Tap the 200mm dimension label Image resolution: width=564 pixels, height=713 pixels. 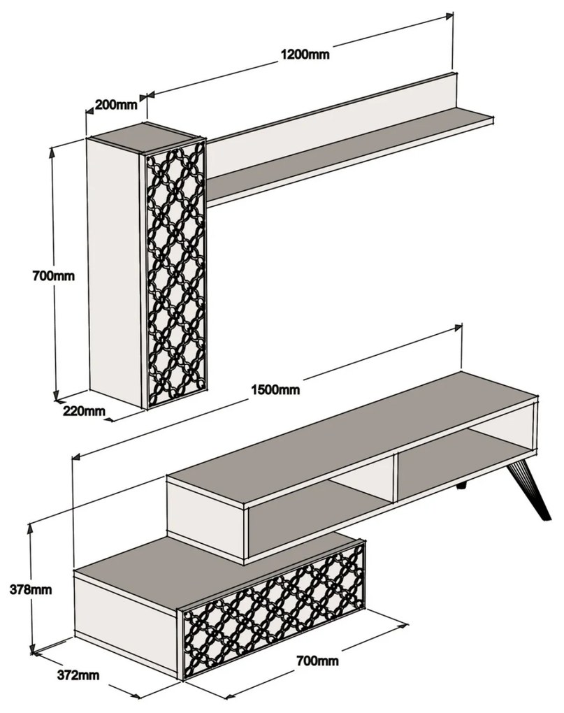[115, 106]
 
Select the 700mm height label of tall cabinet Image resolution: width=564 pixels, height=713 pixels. [53, 275]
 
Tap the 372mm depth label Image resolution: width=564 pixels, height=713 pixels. [78, 675]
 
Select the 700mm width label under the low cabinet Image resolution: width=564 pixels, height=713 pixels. [317, 660]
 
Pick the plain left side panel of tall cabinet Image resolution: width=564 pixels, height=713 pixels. [115, 269]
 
